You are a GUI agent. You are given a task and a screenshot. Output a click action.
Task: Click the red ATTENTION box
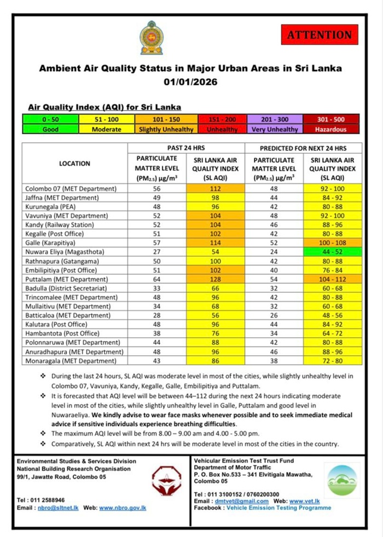[320, 35]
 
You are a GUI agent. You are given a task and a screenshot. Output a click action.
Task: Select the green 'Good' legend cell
[50, 129]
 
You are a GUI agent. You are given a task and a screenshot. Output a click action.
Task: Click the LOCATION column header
[74, 164]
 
